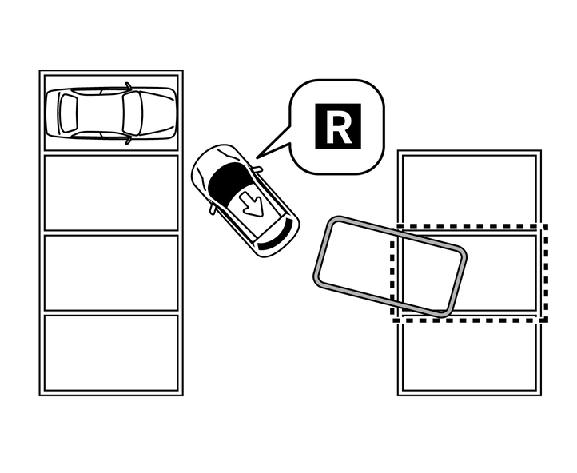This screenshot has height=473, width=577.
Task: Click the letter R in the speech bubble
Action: pos(338,126)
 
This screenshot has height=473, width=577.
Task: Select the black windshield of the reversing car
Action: pos(229,180)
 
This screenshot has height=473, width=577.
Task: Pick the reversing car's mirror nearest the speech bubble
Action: pos(257,169)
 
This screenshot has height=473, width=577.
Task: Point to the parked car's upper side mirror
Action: pos(129,85)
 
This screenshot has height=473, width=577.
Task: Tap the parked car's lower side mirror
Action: pos(129,140)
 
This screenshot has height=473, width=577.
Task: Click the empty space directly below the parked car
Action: pos(111,193)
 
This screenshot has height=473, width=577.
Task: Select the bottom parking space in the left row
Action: pos(111,352)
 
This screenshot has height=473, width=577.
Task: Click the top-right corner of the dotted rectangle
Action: pos(546,227)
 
